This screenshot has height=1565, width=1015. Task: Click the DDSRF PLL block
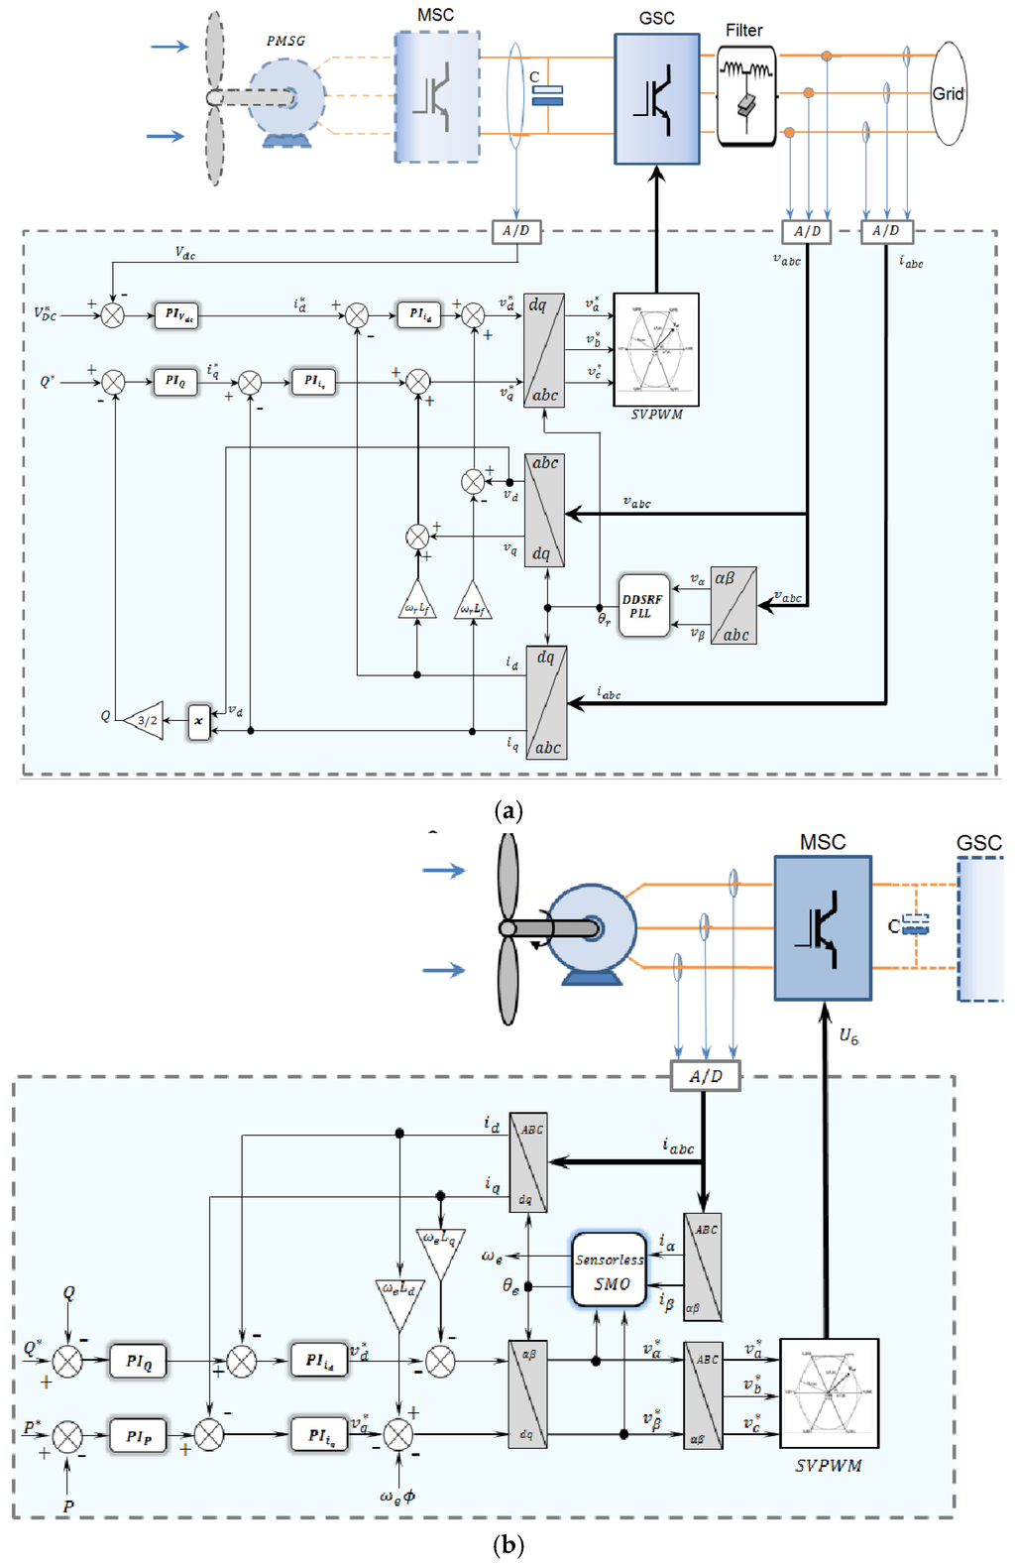coord(643,605)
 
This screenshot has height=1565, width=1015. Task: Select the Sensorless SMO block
coord(610,1270)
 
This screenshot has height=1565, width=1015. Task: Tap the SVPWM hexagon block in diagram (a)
coord(656,349)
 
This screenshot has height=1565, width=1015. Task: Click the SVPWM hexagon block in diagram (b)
coord(829,1392)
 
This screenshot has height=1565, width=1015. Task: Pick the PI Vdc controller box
coord(176,315)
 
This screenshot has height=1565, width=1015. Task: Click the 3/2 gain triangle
coord(145,721)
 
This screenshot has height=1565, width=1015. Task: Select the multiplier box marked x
coord(199,721)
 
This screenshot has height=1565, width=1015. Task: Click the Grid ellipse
coord(949,93)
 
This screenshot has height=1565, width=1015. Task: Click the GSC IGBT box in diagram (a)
coord(656,99)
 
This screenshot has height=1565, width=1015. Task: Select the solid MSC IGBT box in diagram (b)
coord(822,927)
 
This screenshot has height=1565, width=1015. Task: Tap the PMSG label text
coord(285,41)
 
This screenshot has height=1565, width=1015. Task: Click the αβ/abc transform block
coord(733,606)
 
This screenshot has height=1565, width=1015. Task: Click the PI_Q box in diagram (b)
coord(138,1361)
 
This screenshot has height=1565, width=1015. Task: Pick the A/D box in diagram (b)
coord(705,1076)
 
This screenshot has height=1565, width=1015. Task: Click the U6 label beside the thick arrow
coord(848,1036)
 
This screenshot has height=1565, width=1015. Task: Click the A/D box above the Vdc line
coord(515,231)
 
